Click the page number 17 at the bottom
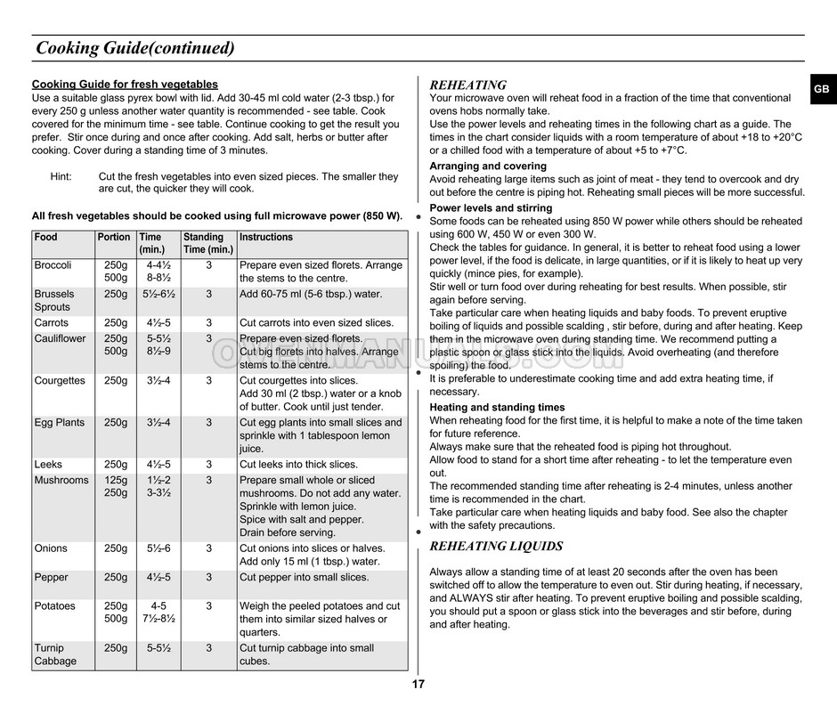pyautogui.click(x=418, y=685)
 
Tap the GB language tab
pyautogui.click(x=821, y=90)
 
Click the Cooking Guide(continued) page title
pyautogui.click(x=135, y=48)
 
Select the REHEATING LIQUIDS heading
pyautogui.click(x=496, y=546)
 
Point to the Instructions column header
pyautogui.click(x=266, y=238)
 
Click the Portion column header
pyautogui.click(x=113, y=238)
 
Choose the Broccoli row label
pyautogui.click(x=53, y=265)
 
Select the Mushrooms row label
pyautogui.click(x=61, y=481)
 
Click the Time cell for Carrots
pyautogui.click(x=158, y=323)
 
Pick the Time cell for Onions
pyautogui.click(x=158, y=548)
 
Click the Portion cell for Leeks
pyautogui.click(x=116, y=465)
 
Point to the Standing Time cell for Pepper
pyautogui.click(x=208, y=578)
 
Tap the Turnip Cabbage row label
pyautogui.click(x=55, y=654)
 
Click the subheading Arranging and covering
pyautogui.click(x=488, y=166)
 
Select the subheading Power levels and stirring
pyautogui.click(x=491, y=208)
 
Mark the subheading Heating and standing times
pyautogui.click(x=497, y=408)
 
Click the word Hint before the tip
pyautogui.click(x=61, y=177)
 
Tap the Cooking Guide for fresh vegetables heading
pyautogui.click(x=125, y=85)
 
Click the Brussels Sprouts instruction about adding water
pyautogui.click(x=310, y=295)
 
